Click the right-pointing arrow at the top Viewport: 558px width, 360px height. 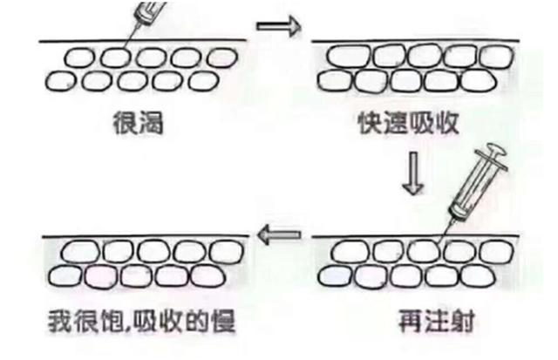278,26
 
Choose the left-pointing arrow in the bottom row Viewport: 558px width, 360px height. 278,233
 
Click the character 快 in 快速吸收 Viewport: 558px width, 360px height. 369,122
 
